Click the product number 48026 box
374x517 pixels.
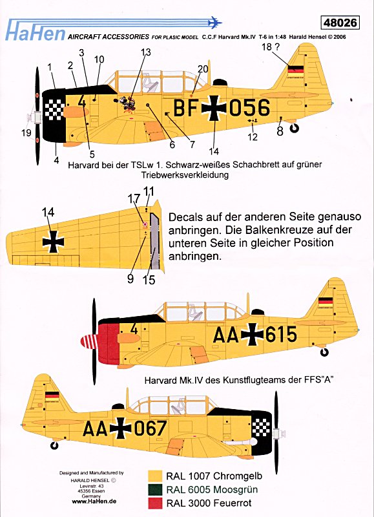click(x=339, y=23)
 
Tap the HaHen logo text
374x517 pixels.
click(x=36, y=34)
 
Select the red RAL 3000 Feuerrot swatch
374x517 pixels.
click(x=155, y=503)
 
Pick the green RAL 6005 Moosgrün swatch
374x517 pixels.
click(x=155, y=490)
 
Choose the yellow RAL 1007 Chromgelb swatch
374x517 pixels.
click(x=155, y=476)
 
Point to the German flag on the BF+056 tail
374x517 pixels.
click(x=296, y=69)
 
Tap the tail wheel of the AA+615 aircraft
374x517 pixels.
click(x=324, y=352)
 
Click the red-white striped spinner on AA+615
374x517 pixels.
click(x=89, y=341)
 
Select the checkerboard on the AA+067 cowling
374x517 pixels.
click(x=261, y=428)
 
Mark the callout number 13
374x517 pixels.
click(x=145, y=52)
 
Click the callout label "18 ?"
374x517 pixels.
click(x=271, y=47)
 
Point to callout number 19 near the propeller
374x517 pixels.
click(x=26, y=132)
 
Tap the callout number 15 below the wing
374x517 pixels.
click(x=149, y=280)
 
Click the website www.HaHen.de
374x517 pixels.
click(x=94, y=501)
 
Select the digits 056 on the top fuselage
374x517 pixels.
click(x=249, y=108)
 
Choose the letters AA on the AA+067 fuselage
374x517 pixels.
click(x=95, y=428)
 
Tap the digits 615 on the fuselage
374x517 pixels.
click(x=281, y=334)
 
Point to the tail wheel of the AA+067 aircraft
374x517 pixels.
click(x=54, y=445)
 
